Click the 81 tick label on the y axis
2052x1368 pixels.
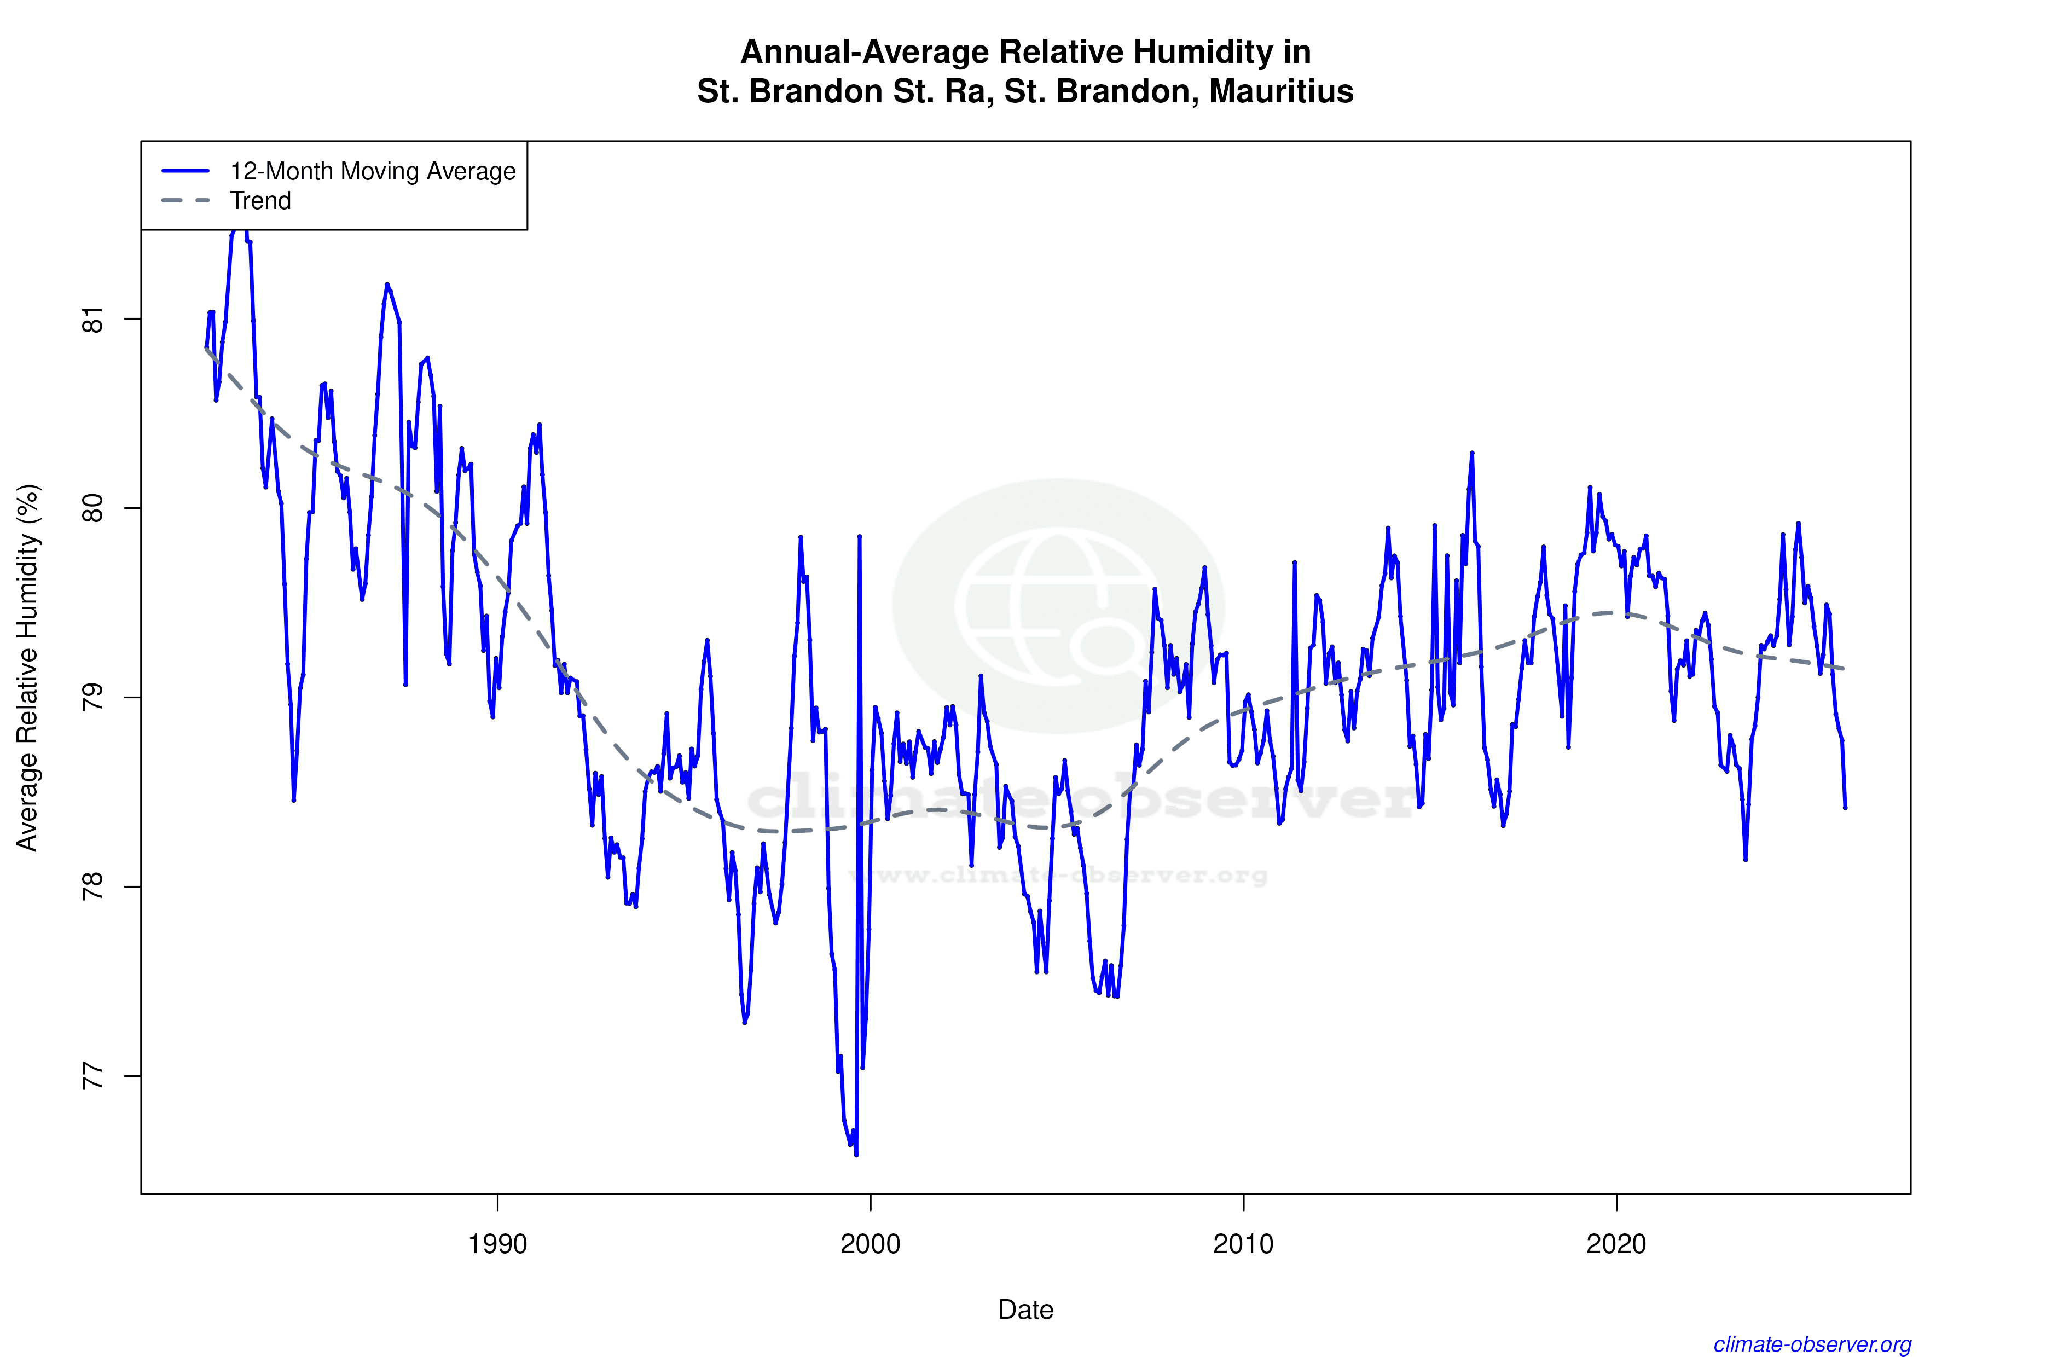coord(92,320)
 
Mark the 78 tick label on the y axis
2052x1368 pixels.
coord(92,886)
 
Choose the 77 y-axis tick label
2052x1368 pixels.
coord(92,1076)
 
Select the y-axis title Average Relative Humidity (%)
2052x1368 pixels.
coord(28,668)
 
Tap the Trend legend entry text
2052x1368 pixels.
coord(260,201)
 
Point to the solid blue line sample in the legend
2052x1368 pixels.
coord(186,171)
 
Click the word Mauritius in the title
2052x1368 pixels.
coord(1281,91)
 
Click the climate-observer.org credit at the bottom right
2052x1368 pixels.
coord(1812,1344)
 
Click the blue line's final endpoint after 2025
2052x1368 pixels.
coord(1845,808)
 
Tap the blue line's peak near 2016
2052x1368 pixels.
coord(1472,453)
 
